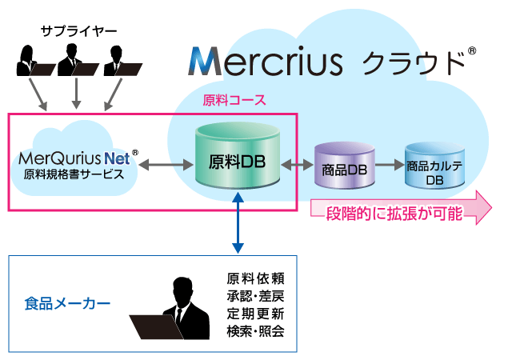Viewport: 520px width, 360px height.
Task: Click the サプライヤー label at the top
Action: (x=78, y=31)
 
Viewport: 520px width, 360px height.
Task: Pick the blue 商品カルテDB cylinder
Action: (x=434, y=169)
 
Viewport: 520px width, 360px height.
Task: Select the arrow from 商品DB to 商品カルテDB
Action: (x=386, y=166)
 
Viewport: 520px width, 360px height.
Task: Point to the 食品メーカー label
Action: (x=67, y=304)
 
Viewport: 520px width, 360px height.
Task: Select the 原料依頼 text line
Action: (x=255, y=278)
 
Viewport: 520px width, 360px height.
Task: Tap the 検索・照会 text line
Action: (x=255, y=330)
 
